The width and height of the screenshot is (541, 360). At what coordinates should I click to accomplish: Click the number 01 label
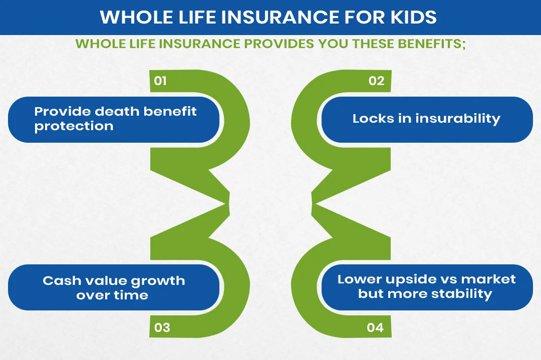(160, 81)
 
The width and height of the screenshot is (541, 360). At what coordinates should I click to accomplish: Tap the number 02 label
(376, 81)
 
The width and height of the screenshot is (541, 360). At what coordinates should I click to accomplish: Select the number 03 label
(162, 328)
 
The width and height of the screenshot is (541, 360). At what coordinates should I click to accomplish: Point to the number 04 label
(375, 328)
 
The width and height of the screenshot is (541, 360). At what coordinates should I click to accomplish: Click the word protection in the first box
(74, 126)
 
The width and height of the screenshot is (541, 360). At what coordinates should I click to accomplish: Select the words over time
(112, 295)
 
